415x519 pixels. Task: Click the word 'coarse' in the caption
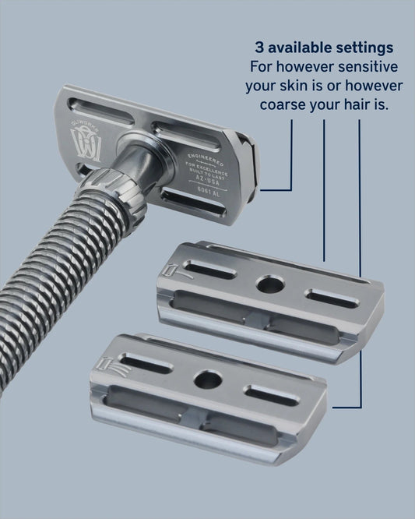[x=275, y=104]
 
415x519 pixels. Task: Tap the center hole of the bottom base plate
[x=208, y=380]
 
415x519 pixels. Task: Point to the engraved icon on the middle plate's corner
[x=172, y=269]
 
